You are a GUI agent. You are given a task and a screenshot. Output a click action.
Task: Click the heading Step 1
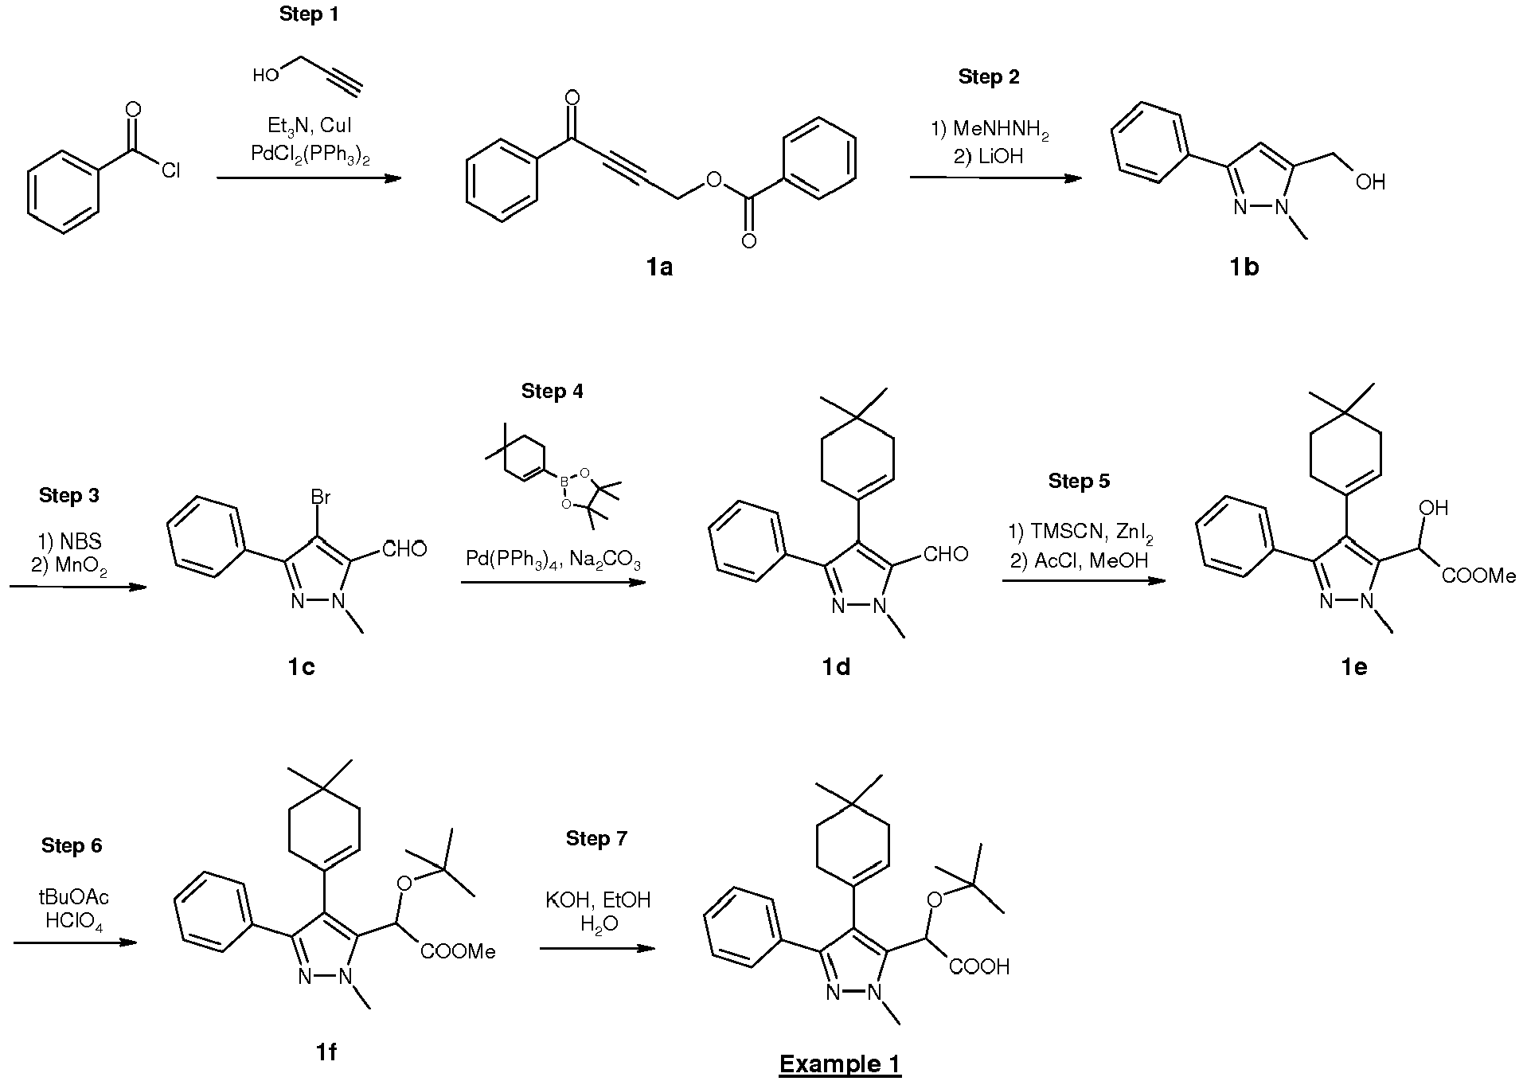[x=308, y=15]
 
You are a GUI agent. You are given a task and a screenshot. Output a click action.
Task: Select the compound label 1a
[x=659, y=267]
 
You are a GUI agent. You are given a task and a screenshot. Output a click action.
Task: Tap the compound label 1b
[x=1244, y=267]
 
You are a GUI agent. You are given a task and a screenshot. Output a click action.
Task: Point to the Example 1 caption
[x=839, y=1063]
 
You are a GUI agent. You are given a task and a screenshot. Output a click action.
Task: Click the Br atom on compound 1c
[x=320, y=498]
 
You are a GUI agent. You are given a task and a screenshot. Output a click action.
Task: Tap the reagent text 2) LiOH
[x=988, y=156]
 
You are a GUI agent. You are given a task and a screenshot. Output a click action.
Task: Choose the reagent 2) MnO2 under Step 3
[x=69, y=566]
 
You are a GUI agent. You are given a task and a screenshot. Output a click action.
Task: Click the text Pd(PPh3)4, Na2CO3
[x=553, y=561]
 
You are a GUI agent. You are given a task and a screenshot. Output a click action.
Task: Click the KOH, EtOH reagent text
[x=598, y=900]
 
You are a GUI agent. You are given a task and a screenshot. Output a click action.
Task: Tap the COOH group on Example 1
[x=978, y=966]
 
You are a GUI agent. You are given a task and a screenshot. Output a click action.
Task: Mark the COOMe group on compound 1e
[x=1478, y=576]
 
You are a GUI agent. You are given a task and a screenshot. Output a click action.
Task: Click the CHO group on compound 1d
[x=946, y=554]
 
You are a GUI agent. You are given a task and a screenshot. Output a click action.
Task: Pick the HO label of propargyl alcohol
[x=265, y=76]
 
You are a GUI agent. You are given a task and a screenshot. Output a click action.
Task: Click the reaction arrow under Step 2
[x=996, y=178]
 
